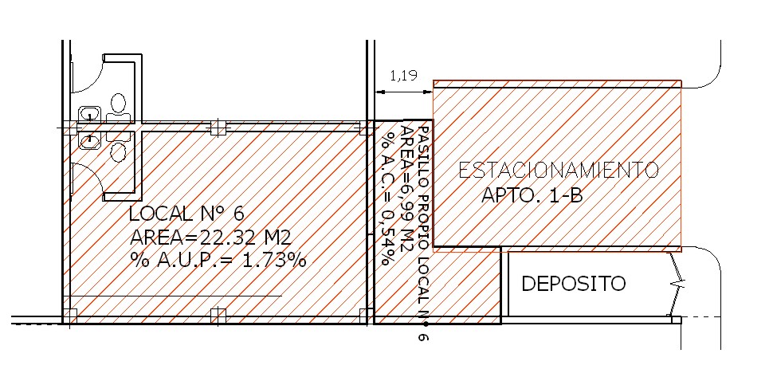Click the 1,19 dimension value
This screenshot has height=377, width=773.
[404, 76]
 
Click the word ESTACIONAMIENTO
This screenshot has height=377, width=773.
[559, 170]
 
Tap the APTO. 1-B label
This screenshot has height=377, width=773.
[532, 195]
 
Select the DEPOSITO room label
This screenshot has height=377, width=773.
[573, 284]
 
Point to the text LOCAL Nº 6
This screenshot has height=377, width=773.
[186, 214]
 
